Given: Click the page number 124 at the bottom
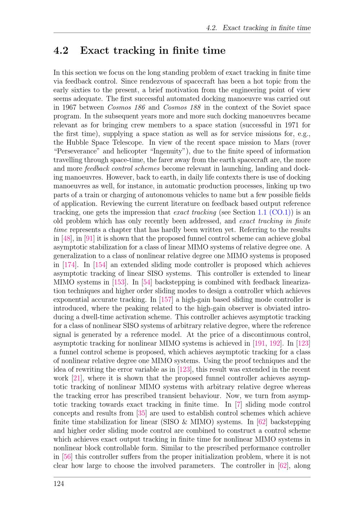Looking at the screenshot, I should (59, 483).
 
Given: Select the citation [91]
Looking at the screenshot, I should (89, 238).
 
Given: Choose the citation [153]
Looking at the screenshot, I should (119, 282).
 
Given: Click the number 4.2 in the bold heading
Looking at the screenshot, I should (61, 51).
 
